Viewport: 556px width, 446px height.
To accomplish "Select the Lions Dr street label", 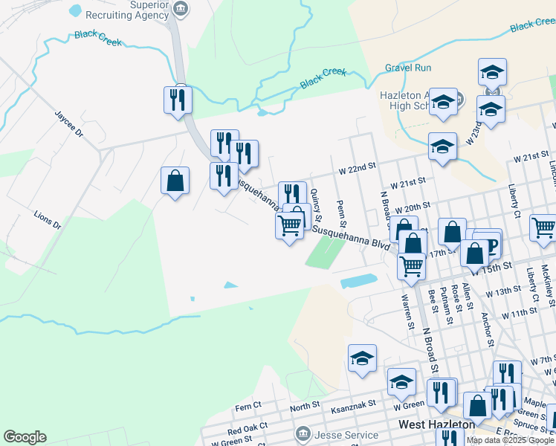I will tap(46, 219).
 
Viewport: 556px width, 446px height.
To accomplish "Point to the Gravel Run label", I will tap(407, 68).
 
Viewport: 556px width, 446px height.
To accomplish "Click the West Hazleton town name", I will tap(436, 424).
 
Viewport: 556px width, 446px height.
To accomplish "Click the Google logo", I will tap(25, 437).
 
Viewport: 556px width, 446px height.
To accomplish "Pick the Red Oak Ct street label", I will tap(245, 430).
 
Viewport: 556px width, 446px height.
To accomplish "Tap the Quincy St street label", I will tap(317, 204).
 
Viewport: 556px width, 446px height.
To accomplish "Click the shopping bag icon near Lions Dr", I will tap(175, 181).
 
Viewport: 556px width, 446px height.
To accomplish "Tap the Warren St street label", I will tap(407, 311).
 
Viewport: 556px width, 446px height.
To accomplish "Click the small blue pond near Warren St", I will tap(359, 282).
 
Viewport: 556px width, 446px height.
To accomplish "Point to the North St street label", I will tap(305, 407).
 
